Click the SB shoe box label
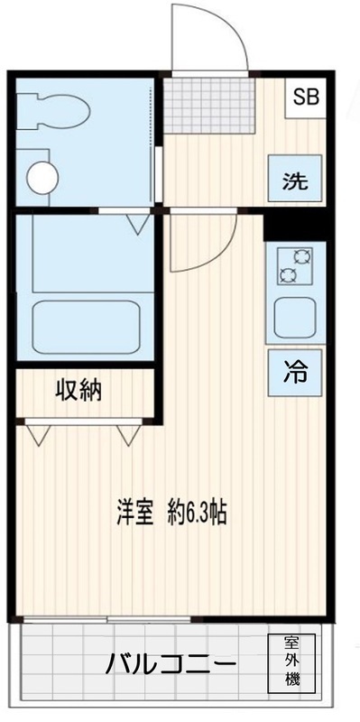[x=303, y=96]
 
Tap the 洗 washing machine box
[x=294, y=181]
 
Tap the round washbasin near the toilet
[x=42, y=176]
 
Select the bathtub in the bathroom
[x=86, y=326]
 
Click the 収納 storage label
[x=79, y=391]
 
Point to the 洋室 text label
[x=134, y=512]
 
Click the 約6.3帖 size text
[x=196, y=512]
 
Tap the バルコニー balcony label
[x=171, y=666]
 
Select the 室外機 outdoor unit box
[x=291, y=663]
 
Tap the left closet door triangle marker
[x=36, y=435]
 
